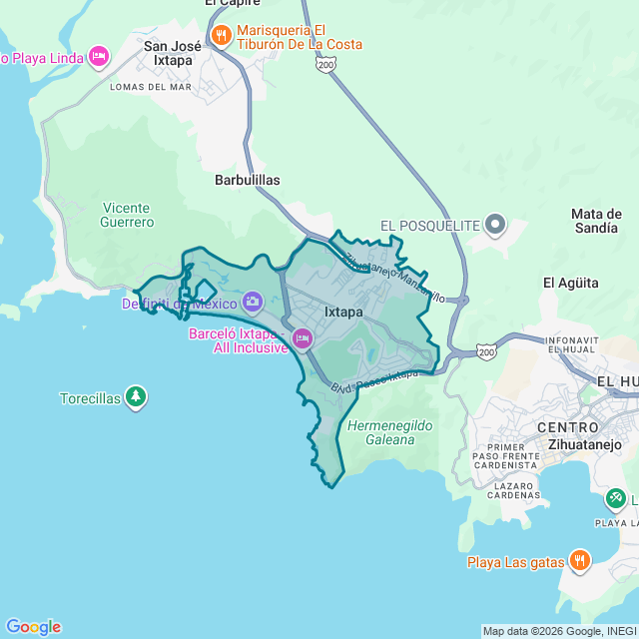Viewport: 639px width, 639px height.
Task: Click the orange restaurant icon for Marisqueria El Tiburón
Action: (x=221, y=37)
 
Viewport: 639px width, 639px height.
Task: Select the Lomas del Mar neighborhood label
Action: (x=150, y=87)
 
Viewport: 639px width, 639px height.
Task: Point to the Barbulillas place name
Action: (x=248, y=180)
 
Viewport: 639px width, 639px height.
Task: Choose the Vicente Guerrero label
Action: (x=128, y=215)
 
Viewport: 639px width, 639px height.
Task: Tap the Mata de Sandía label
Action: (x=596, y=221)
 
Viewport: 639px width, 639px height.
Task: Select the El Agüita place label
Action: (x=570, y=283)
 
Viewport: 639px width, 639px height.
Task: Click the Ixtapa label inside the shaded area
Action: (x=343, y=312)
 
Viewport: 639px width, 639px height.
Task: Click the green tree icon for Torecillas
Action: (x=136, y=397)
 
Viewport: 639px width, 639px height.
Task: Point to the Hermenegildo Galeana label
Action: (x=390, y=432)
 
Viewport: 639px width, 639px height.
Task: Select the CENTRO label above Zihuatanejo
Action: (x=568, y=428)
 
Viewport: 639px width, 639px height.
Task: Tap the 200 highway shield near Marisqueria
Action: (x=325, y=64)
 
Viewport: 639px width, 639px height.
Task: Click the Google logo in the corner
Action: (x=32, y=627)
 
